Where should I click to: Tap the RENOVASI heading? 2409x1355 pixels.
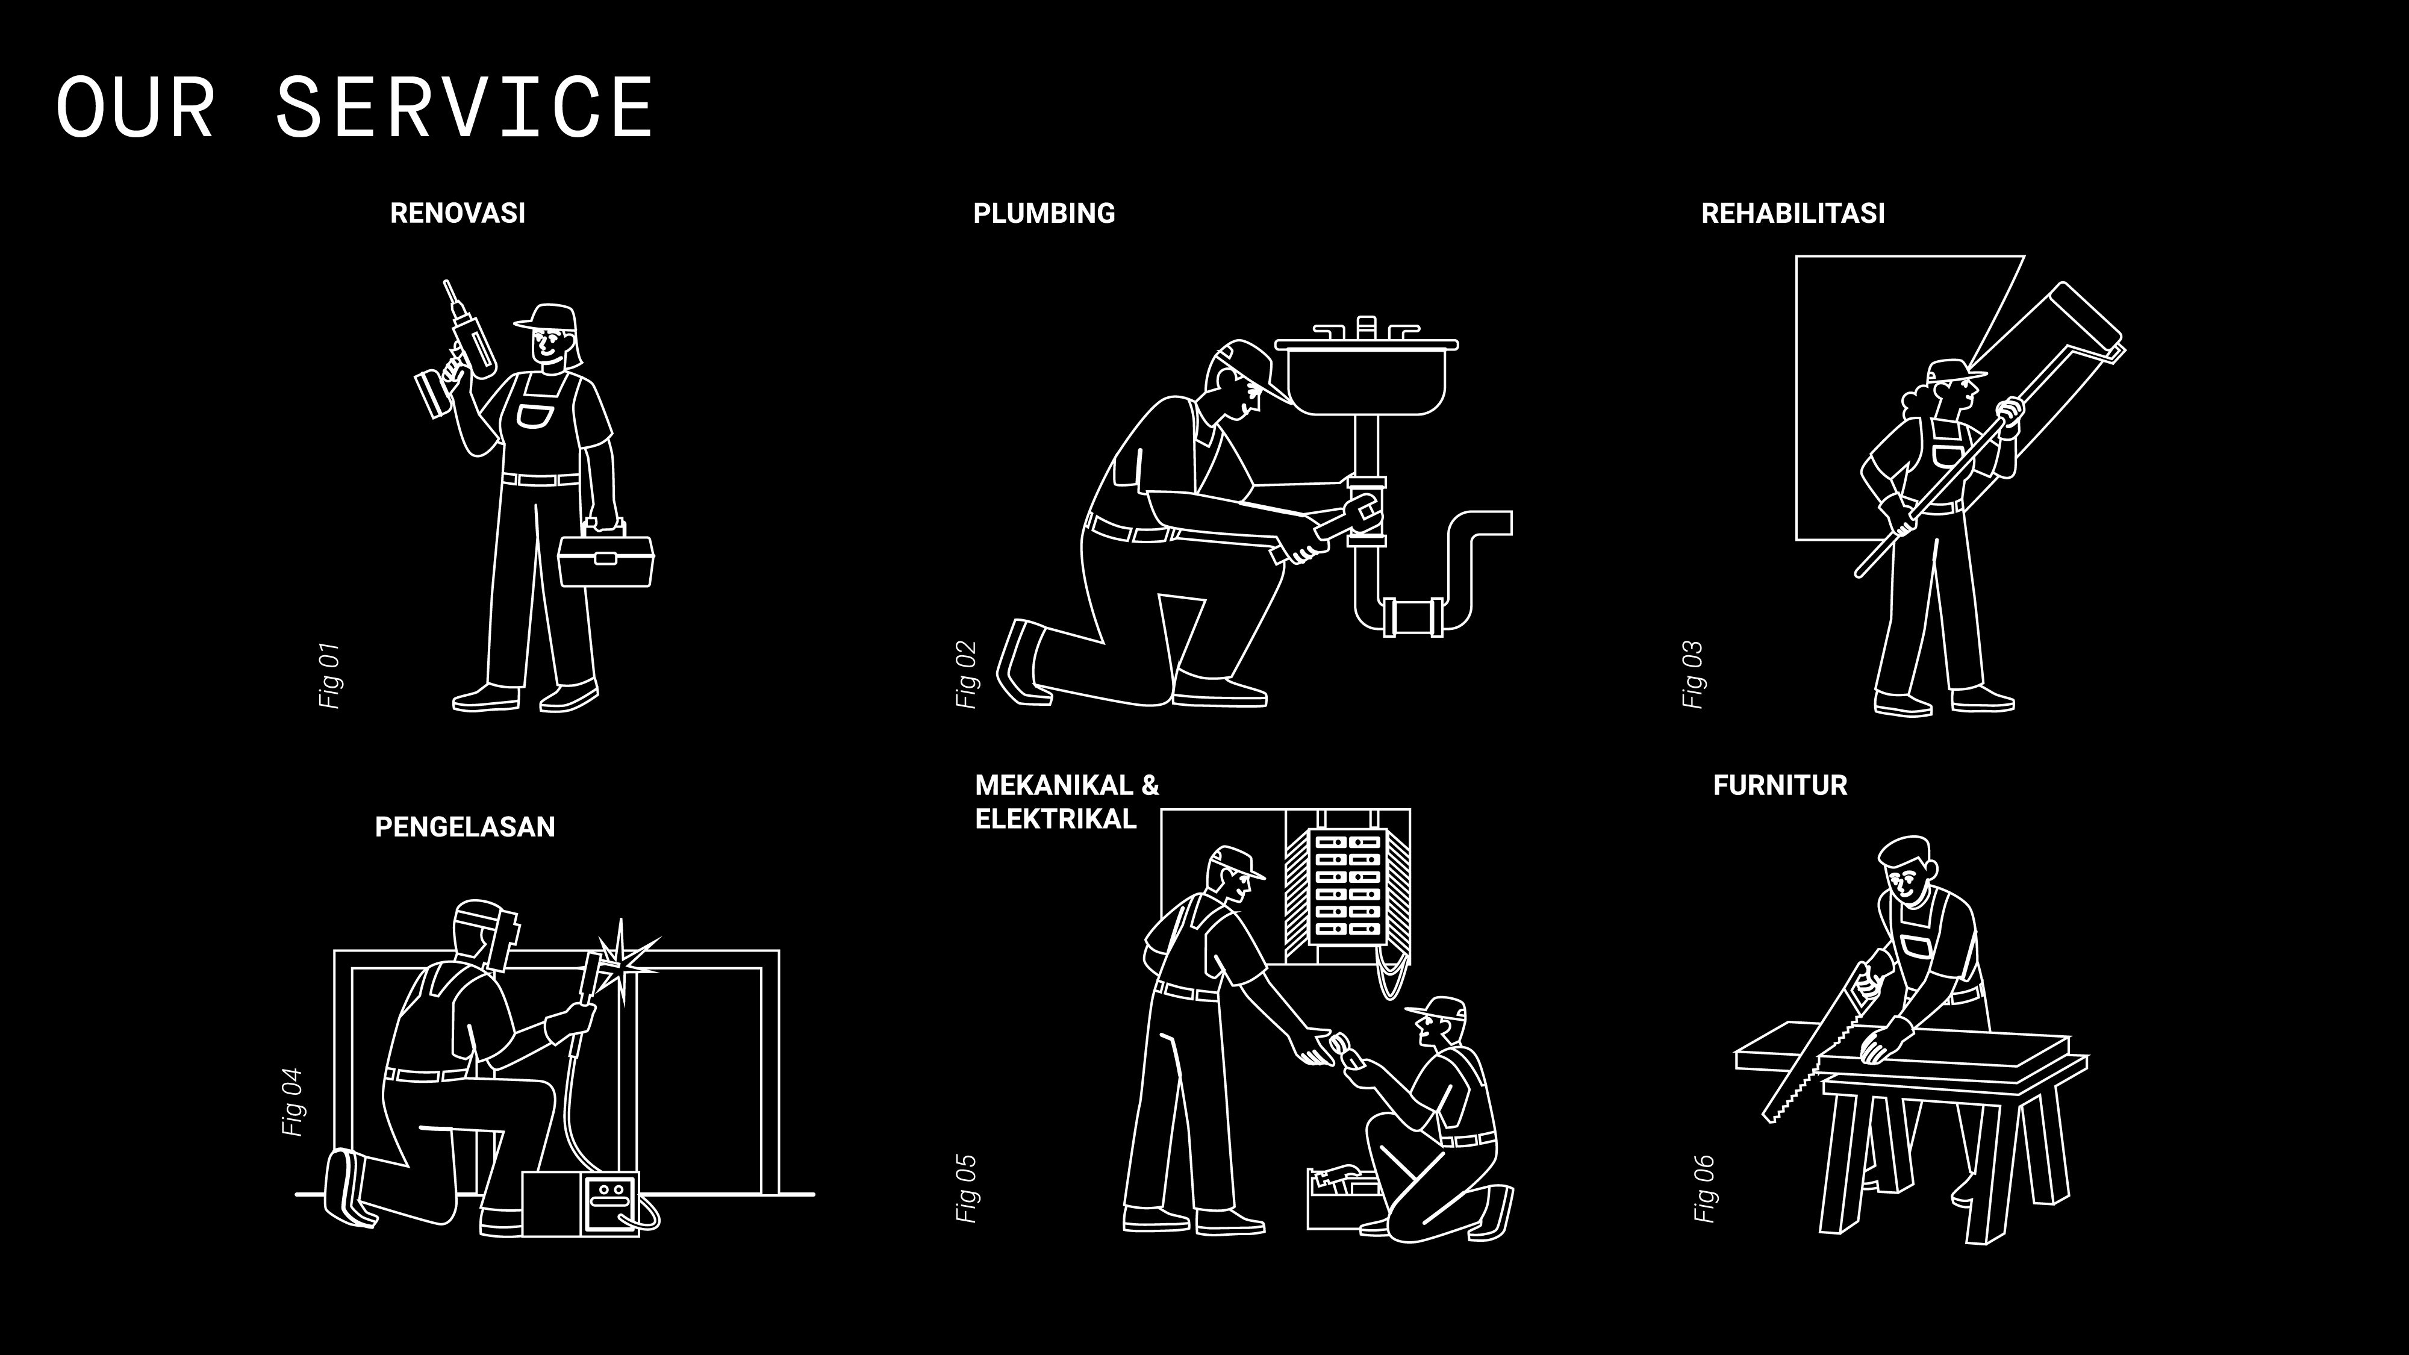(457, 213)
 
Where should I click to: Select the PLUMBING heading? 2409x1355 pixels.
(1044, 213)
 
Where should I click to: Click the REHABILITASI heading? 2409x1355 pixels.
(1793, 213)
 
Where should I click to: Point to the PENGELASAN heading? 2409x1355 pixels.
(465, 827)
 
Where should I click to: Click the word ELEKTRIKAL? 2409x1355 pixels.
(1055, 819)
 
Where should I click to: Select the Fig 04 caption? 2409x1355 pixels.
(293, 1103)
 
